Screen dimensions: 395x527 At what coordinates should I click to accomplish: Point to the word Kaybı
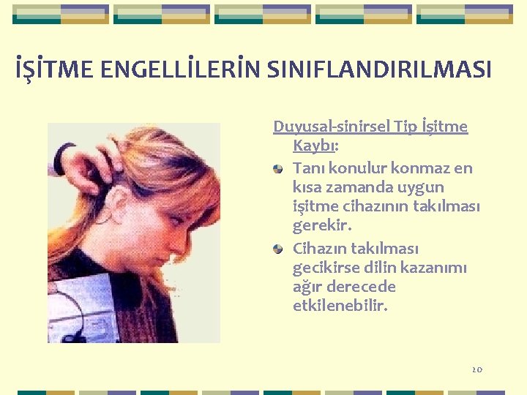coord(313,146)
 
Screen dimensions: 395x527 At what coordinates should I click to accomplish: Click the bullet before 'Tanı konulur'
coord(280,169)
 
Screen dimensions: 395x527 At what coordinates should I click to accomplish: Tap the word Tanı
coord(308,168)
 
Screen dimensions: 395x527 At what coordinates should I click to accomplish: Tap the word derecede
coord(362,287)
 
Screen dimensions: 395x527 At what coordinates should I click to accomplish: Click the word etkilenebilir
coord(340,306)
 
